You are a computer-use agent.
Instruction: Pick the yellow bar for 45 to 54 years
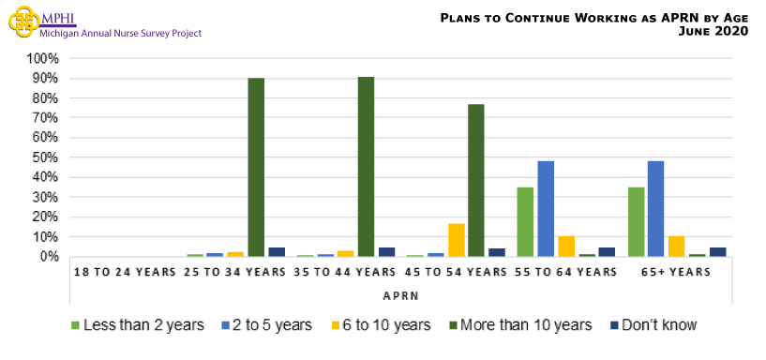[x=457, y=240]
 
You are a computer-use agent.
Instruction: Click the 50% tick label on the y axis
[x=47, y=157]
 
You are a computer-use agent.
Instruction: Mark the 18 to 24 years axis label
[x=126, y=272]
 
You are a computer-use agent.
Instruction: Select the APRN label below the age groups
[x=400, y=293]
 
